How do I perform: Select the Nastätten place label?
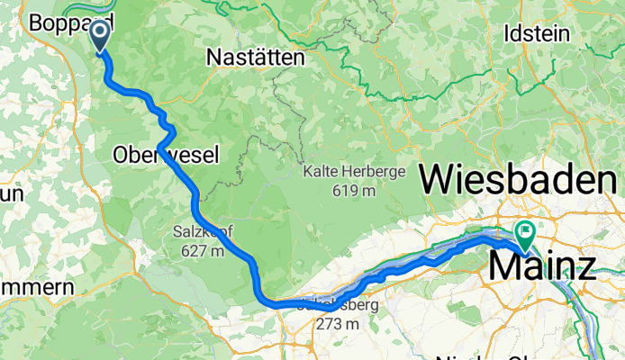click(x=256, y=57)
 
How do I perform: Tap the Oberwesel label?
click(x=166, y=156)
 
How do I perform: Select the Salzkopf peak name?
click(x=203, y=232)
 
